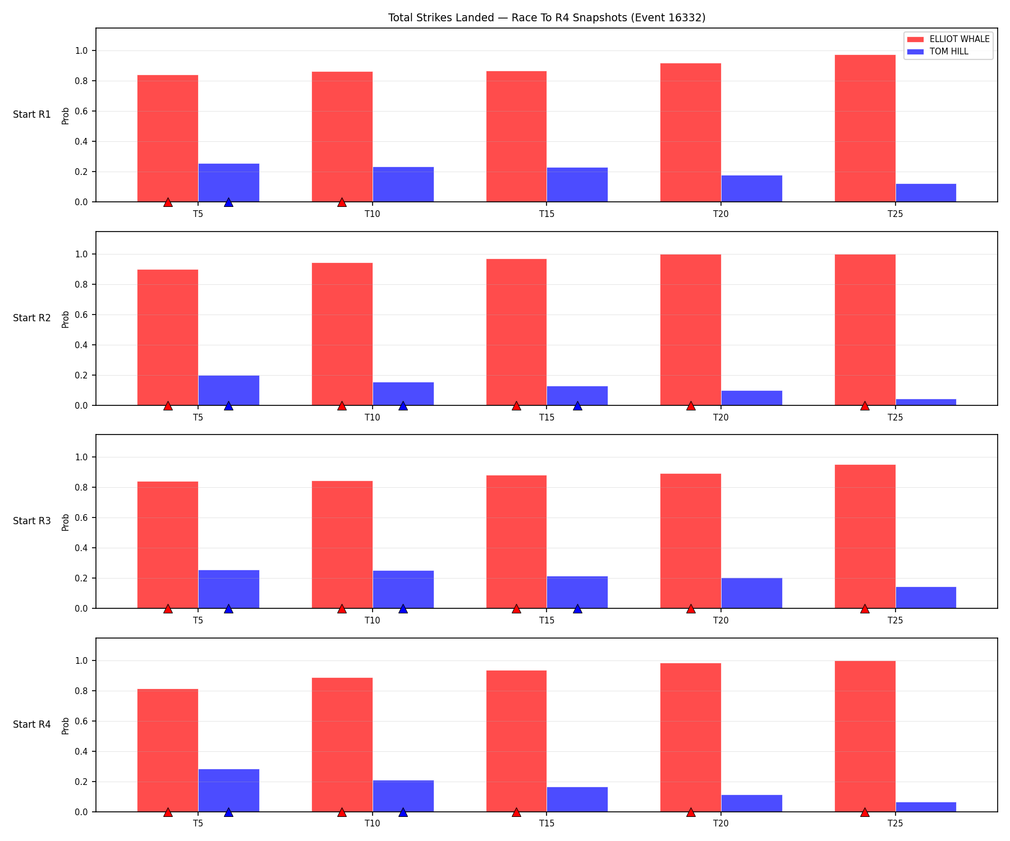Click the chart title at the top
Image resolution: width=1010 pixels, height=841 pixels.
click(x=547, y=18)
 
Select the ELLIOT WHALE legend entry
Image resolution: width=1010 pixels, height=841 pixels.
click(x=948, y=39)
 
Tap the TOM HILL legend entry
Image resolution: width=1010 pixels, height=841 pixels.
click(x=938, y=52)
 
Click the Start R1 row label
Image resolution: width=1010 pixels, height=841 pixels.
click(x=32, y=115)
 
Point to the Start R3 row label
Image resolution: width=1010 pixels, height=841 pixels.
click(x=32, y=521)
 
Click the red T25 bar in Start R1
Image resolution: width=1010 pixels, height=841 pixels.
click(x=865, y=128)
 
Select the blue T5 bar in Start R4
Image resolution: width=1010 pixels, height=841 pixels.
click(x=228, y=791)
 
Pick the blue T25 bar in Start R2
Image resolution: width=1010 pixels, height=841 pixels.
click(x=926, y=402)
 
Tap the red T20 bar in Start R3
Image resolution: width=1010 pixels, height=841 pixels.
click(x=691, y=541)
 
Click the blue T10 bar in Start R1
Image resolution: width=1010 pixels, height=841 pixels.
click(x=403, y=184)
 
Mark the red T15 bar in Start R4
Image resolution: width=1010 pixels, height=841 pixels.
click(x=516, y=741)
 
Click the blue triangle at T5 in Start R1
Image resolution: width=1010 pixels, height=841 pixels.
click(x=228, y=202)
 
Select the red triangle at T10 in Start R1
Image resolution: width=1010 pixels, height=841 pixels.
click(x=342, y=202)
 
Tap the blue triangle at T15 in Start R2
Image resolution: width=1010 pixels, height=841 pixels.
click(x=577, y=405)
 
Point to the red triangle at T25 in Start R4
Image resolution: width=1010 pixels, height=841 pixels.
click(x=865, y=812)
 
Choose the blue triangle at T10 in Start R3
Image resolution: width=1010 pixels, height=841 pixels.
click(x=403, y=608)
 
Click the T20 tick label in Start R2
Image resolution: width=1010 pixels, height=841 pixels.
click(x=721, y=417)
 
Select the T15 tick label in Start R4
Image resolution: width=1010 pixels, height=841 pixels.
click(x=547, y=824)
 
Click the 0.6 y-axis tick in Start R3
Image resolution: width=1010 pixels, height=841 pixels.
click(x=80, y=517)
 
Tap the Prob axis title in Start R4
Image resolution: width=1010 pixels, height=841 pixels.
click(x=66, y=726)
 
